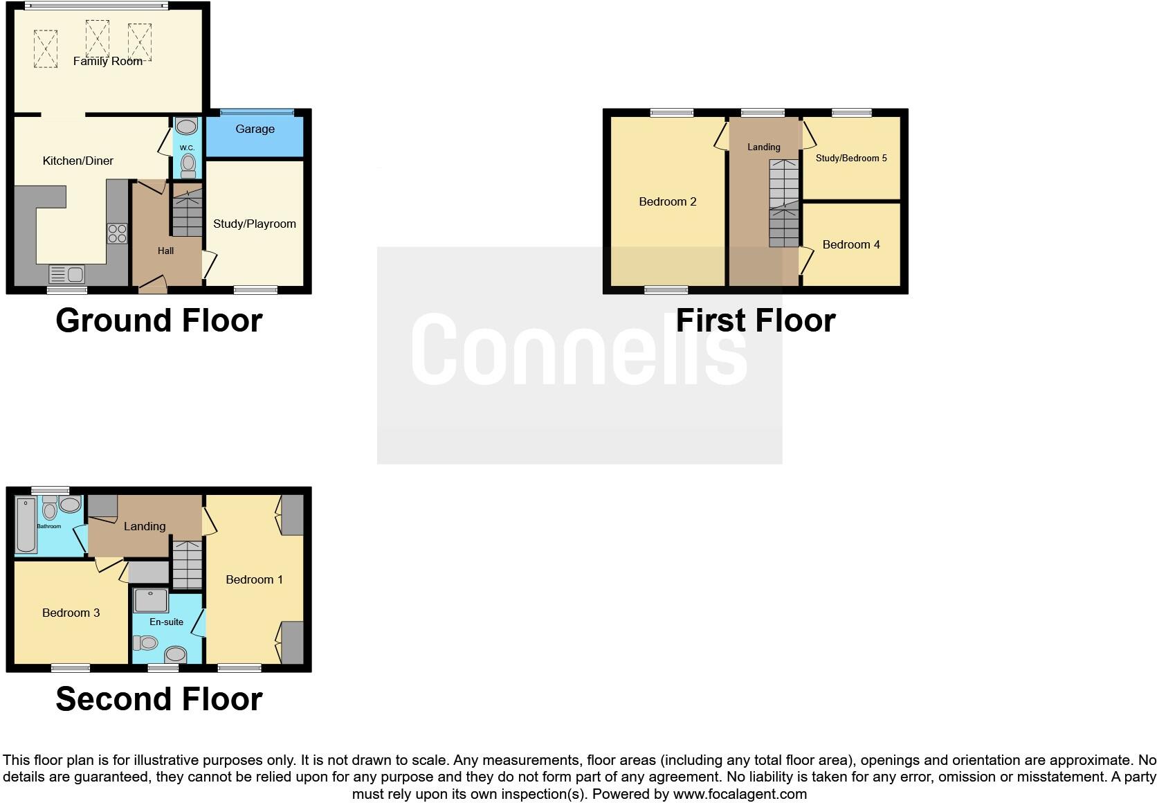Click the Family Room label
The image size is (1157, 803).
point(108,62)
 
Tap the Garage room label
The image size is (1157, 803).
point(255,129)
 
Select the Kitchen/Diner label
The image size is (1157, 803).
point(78,161)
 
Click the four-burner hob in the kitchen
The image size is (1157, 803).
point(117,233)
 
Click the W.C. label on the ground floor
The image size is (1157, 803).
point(187,148)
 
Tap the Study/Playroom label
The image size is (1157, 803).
point(254,224)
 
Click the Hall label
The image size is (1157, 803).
point(165,251)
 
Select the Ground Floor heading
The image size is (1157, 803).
point(159,321)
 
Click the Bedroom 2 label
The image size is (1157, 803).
point(667,202)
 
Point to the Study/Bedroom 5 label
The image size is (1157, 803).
point(851,159)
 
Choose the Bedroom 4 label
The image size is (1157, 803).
point(851,245)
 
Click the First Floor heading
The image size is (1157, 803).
point(755,321)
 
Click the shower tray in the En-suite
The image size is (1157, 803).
point(151,601)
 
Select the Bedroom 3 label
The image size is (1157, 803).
point(71,613)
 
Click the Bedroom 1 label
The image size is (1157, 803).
point(254,580)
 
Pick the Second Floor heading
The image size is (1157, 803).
point(159,699)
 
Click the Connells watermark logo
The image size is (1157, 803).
point(579,350)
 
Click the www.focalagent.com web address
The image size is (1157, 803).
point(740,794)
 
